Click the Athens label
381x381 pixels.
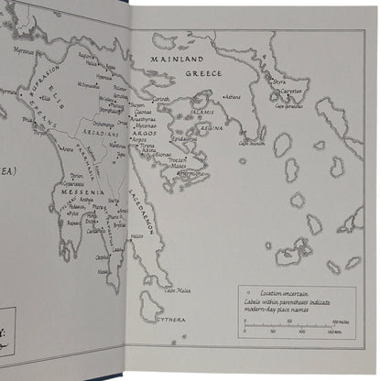232,96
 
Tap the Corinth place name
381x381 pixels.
160,98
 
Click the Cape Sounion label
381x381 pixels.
253,142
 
